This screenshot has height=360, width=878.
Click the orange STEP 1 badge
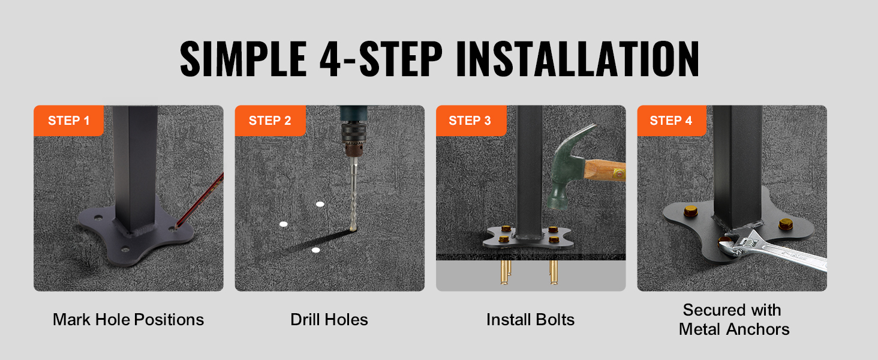coord(68,121)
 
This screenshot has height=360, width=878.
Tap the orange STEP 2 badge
coord(270,121)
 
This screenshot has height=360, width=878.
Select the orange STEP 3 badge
coord(471,121)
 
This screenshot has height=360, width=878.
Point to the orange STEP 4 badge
coord(672,121)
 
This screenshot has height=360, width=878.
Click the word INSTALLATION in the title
coord(578,59)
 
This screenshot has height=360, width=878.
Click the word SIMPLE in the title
coord(243,59)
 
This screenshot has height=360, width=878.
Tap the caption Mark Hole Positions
coord(128,320)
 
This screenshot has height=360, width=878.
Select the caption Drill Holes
coord(329,320)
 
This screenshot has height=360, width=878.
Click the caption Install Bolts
coord(530,320)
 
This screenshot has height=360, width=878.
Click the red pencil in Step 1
coord(200,200)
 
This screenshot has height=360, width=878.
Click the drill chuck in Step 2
coord(354,139)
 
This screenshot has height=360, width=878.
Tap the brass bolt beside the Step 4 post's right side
coord(786,224)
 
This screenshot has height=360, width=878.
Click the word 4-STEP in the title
coord(381,59)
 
